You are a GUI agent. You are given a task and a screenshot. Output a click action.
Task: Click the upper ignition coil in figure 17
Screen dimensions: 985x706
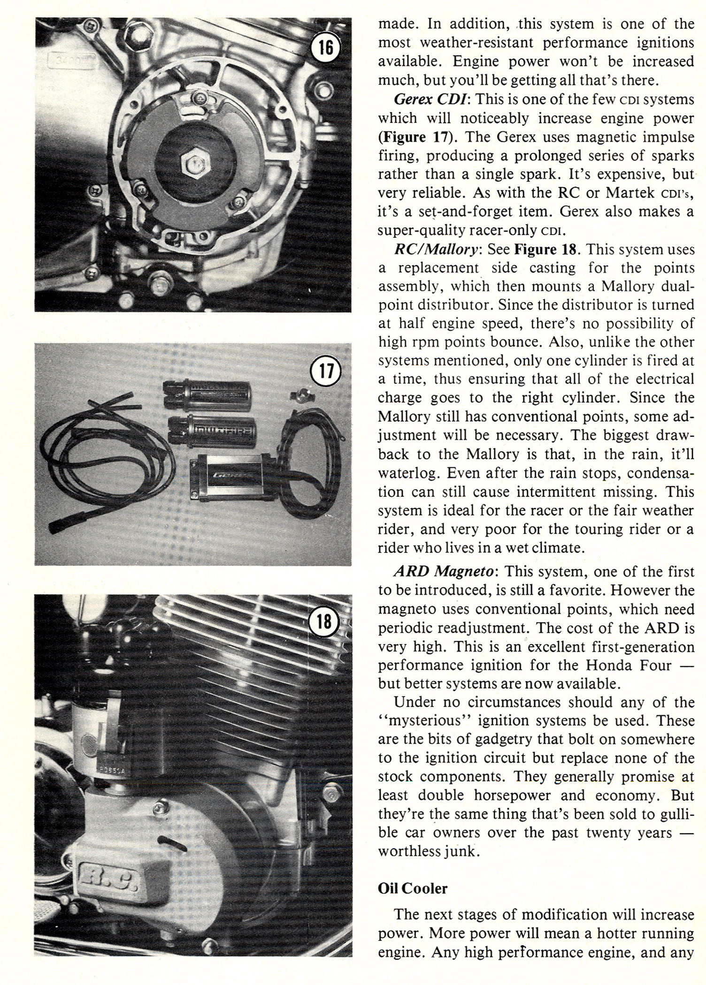point(207,391)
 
